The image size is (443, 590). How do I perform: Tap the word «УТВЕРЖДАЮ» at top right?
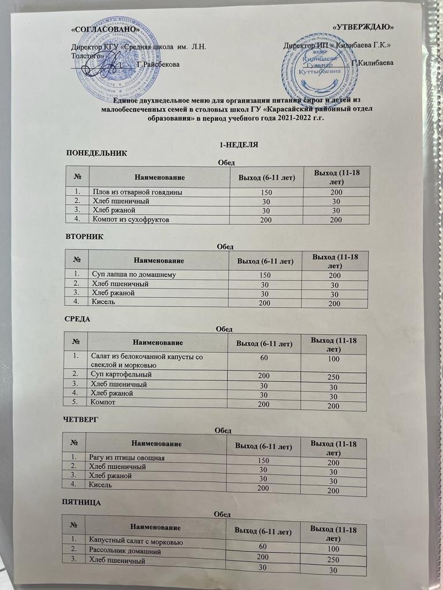365,28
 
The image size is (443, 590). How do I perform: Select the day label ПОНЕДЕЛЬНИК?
96,153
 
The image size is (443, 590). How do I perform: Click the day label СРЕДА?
80,319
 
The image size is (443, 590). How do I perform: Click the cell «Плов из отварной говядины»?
137,192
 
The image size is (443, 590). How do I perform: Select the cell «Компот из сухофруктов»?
129,220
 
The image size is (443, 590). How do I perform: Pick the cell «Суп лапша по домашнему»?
133,274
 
